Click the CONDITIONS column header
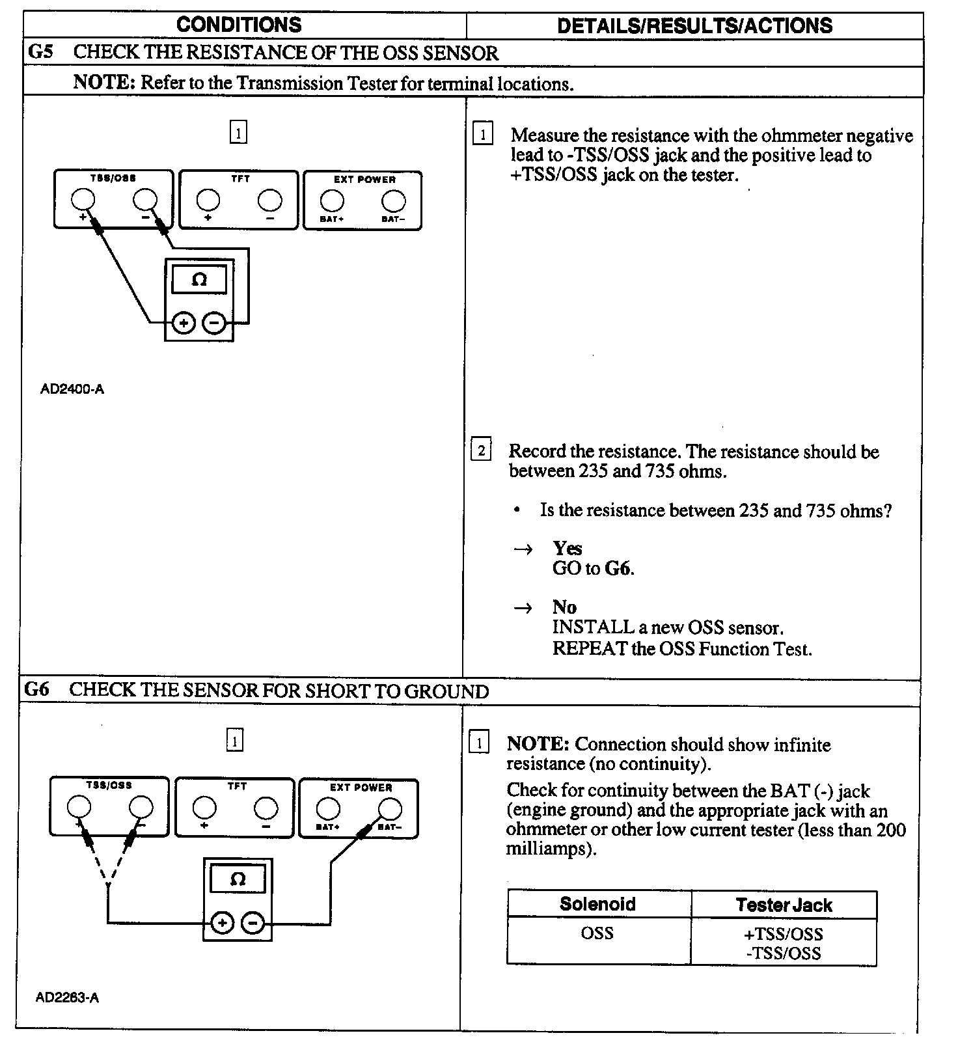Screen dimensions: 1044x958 click(x=239, y=25)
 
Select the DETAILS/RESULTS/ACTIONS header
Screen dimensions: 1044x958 click(x=694, y=26)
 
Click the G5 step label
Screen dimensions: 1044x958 click(x=40, y=52)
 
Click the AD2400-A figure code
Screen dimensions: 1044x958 click(x=72, y=390)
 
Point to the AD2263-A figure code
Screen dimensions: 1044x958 click(x=67, y=998)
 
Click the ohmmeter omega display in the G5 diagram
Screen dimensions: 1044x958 click(x=199, y=280)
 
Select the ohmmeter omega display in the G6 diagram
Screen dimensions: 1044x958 click(x=238, y=879)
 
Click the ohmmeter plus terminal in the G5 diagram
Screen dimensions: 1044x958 click(x=184, y=323)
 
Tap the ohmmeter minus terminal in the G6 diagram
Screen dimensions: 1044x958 click(x=253, y=923)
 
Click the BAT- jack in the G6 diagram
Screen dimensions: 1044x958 click(x=390, y=809)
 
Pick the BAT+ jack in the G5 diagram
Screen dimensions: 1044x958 click(x=332, y=200)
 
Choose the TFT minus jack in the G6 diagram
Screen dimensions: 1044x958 click(x=266, y=808)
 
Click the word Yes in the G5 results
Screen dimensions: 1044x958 click(x=567, y=548)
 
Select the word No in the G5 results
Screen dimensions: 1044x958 click(x=564, y=607)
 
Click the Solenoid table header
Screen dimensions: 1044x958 click(x=597, y=904)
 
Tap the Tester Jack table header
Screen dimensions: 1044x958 click(x=784, y=905)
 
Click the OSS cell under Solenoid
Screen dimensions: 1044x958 click(x=597, y=933)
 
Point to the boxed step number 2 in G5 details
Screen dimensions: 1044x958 click(x=481, y=450)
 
